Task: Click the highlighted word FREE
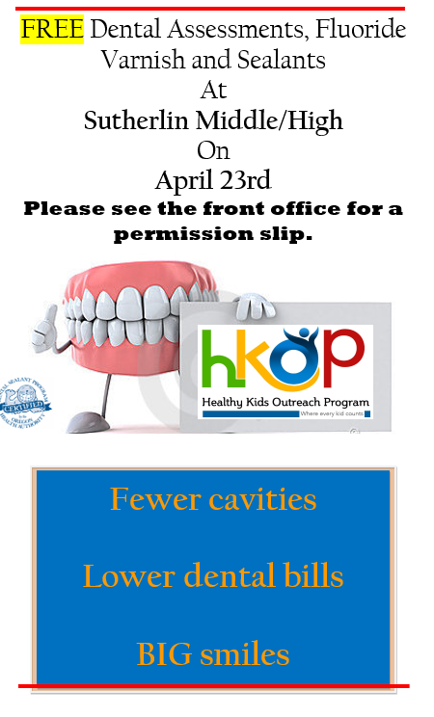(53, 30)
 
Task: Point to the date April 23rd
(212, 180)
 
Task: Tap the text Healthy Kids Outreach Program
(285, 402)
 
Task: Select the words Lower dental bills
(212, 576)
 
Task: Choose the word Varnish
(137, 60)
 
